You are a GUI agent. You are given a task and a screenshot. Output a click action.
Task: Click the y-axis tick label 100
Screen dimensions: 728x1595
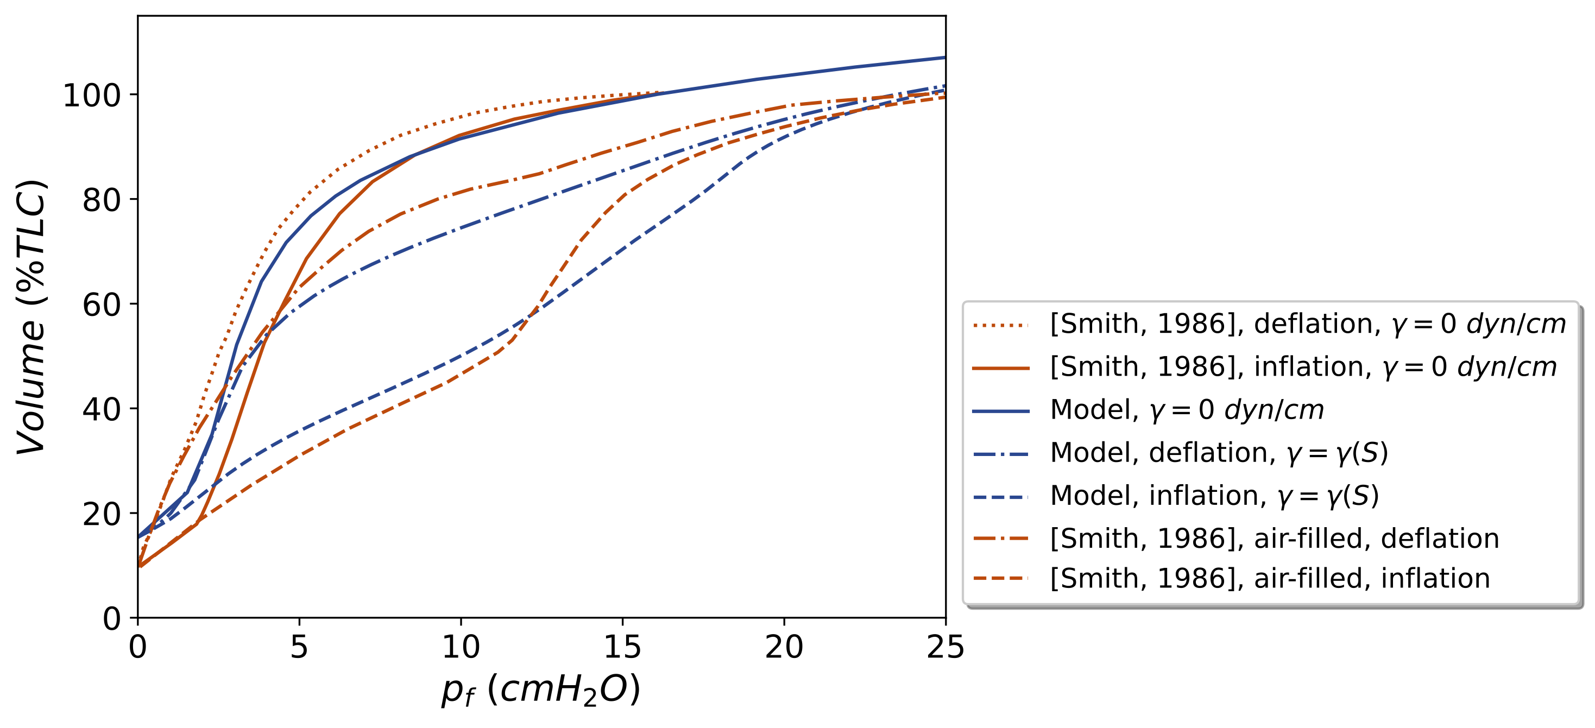click(92, 96)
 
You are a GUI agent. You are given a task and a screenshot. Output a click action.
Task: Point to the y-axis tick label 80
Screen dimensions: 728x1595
click(102, 200)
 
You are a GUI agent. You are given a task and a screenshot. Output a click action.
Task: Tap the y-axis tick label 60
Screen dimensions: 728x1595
click(102, 305)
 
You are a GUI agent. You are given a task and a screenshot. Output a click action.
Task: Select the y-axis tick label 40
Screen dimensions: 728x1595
click(102, 410)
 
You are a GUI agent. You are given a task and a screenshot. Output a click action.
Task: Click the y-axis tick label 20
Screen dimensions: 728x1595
click(102, 515)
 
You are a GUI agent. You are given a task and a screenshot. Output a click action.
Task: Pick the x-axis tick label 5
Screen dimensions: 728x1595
click(299, 648)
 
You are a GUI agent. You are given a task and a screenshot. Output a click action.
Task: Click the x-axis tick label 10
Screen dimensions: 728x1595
click(461, 648)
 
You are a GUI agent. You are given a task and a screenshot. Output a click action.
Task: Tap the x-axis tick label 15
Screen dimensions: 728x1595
click(622, 648)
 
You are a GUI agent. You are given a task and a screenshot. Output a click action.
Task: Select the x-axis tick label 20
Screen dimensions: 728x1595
click(784, 648)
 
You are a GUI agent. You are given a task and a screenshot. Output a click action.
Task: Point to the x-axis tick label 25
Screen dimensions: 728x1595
click(945, 648)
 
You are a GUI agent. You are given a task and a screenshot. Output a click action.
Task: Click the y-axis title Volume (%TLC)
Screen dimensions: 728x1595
click(31, 317)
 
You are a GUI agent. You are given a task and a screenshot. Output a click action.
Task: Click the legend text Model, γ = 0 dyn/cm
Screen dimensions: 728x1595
click(1187, 410)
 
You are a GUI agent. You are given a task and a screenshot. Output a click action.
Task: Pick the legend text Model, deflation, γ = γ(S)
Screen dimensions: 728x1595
click(1219, 453)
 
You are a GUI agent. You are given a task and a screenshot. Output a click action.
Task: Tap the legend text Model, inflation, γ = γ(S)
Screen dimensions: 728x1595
click(1214, 496)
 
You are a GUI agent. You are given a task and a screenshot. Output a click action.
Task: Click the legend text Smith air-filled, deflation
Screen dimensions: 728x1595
click(1274, 539)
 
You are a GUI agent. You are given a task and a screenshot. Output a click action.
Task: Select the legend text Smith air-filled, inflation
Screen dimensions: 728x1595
click(1269, 579)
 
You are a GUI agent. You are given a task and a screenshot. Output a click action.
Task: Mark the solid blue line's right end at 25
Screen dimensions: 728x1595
click(945, 58)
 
